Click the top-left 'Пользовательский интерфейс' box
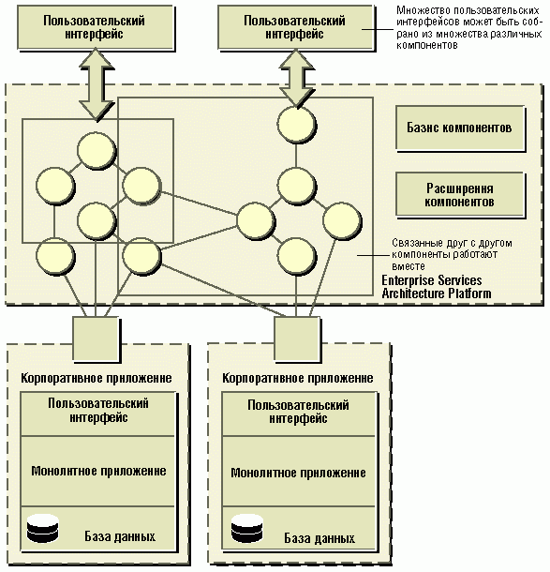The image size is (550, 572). (96, 27)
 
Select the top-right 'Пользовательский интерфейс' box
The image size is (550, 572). (295, 27)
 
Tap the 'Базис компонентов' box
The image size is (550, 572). (460, 128)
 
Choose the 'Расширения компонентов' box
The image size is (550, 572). (460, 195)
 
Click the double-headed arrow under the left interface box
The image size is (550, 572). (97, 85)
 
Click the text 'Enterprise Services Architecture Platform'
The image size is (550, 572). (436, 287)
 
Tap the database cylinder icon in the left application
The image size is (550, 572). (43, 528)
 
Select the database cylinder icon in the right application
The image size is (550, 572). (246, 528)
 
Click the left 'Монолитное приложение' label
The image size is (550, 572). (98, 471)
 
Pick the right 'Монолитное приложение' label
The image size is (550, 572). (298, 473)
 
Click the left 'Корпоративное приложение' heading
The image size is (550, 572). (97, 378)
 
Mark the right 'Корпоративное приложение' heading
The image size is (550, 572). (298, 378)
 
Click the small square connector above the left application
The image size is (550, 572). (97, 339)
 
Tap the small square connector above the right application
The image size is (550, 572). (297, 339)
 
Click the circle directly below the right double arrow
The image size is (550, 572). (296, 125)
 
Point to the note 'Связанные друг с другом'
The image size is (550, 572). (452, 254)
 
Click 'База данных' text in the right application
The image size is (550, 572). (320, 538)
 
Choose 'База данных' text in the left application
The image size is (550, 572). (120, 536)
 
